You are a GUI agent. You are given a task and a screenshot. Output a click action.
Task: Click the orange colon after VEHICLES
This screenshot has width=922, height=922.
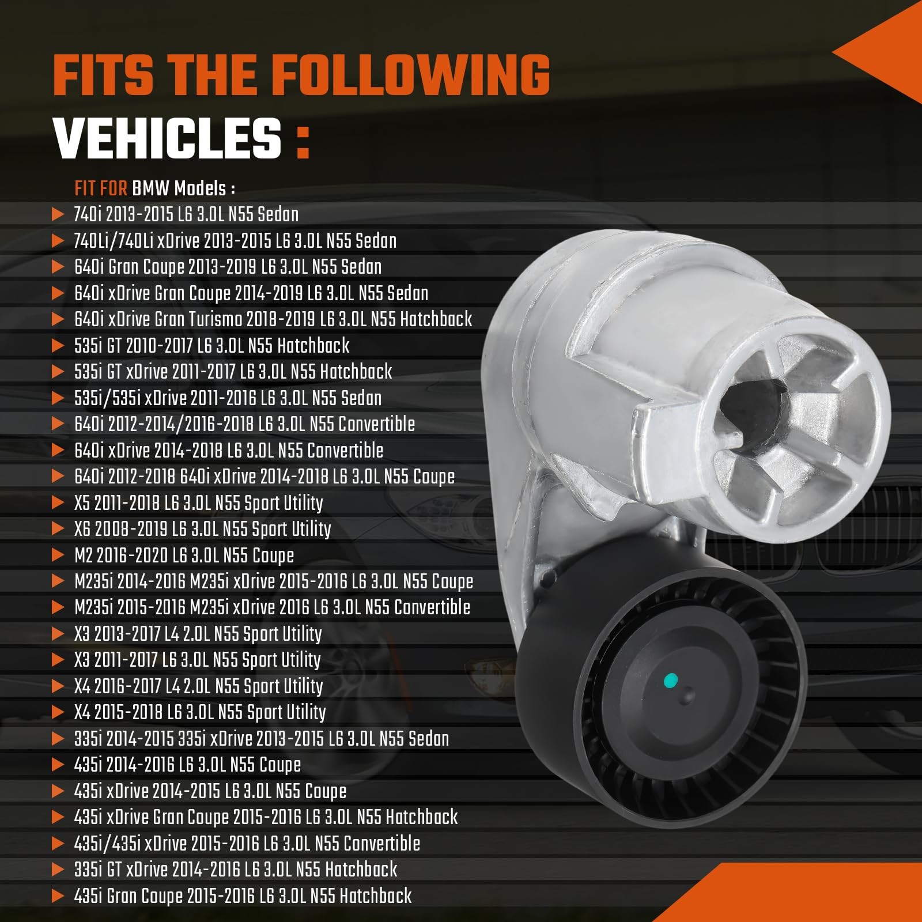(303, 143)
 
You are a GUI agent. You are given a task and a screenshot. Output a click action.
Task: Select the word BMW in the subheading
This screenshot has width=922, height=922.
(150, 188)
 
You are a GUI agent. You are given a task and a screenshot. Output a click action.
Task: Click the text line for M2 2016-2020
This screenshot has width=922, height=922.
(184, 556)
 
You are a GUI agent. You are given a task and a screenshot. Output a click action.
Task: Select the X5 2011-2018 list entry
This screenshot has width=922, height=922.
(198, 503)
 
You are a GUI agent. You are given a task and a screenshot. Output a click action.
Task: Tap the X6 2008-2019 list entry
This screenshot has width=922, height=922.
(202, 529)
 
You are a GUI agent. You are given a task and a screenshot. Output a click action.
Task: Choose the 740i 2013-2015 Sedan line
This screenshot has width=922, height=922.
(186, 214)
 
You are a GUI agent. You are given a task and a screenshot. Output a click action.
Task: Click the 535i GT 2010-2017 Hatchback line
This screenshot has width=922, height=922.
(211, 346)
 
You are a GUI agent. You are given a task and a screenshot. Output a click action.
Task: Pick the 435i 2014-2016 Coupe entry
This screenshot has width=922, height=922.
(187, 765)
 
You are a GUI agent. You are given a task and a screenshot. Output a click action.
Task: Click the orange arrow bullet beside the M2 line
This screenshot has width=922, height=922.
(58, 556)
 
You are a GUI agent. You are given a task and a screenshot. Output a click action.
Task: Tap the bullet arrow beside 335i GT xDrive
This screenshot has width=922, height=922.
(58, 870)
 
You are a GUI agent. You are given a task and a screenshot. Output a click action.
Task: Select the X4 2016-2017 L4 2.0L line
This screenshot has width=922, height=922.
(198, 686)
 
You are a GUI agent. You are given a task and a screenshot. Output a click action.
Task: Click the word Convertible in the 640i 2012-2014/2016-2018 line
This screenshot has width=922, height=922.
(376, 424)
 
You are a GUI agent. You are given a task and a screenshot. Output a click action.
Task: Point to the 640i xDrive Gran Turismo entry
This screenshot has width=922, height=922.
(273, 319)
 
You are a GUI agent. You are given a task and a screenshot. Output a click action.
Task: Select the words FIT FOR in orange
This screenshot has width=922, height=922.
(100, 188)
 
